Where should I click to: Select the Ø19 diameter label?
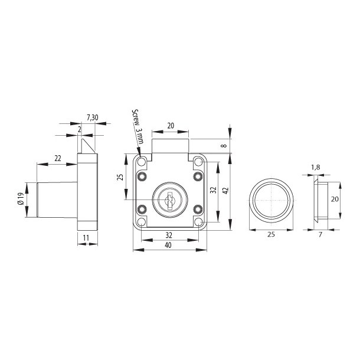pos(22,199)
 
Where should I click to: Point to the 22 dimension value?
pos(57,158)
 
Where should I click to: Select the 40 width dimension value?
pos(169,245)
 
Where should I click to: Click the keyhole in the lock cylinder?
pos(169,201)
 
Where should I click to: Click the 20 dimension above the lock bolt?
pos(170,126)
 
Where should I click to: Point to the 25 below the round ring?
pos(272,235)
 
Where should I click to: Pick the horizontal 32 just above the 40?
pos(169,234)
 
